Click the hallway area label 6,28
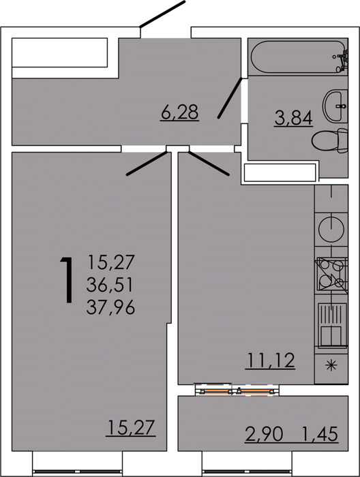click(x=180, y=112)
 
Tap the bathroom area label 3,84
click(x=293, y=118)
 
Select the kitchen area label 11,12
click(x=271, y=360)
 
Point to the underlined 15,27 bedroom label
click(x=131, y=427)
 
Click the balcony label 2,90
click(x=264, y=434)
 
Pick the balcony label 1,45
click(x=320, y=434)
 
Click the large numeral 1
click(x=67, y=280)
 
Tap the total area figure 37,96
click(x=110, y=307)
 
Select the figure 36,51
click(x=110, y=285)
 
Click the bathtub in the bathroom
click(x=298, y=57)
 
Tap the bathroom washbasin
click(x=335, y=106)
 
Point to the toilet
click(x=329, y=140)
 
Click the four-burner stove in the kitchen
click(x=331, y=274)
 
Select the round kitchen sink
click(x=331, y=230)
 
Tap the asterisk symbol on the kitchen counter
click(x=331, y=365)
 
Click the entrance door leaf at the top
click(x=162, y=14)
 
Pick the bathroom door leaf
click(x=230, y=98)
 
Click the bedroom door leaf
click(x=147, y=164)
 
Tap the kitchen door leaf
click(x=209, y=164)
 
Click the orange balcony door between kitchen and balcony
click(x=237, y=391)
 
